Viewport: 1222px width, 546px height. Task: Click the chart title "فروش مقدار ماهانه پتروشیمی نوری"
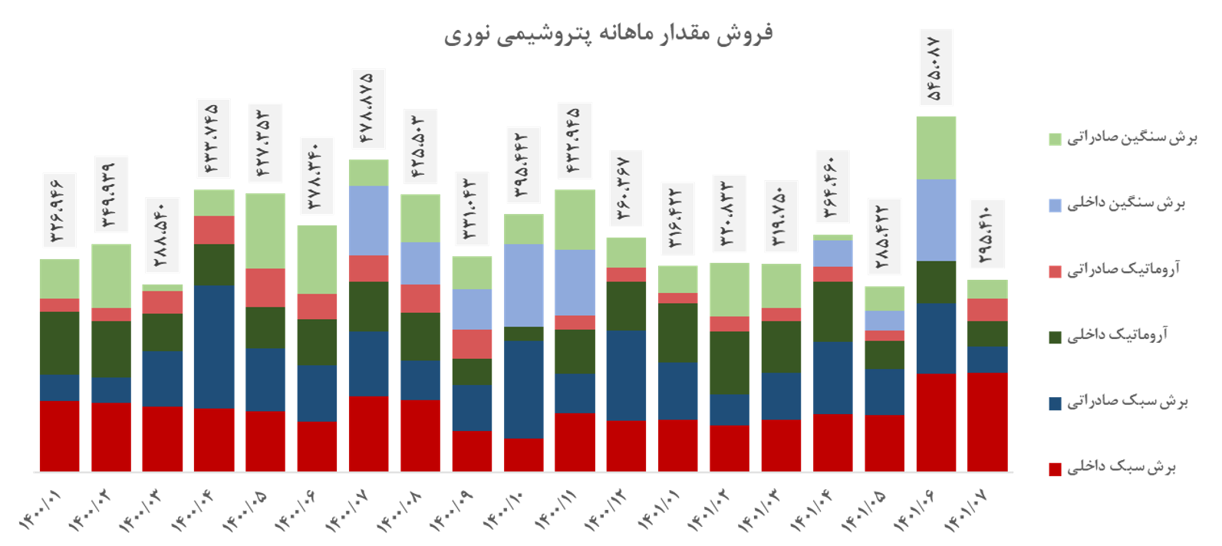coord(608,35)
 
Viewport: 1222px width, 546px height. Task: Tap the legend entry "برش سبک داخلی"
coord(1121,467)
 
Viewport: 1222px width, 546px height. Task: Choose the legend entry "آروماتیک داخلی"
coord(1117,335)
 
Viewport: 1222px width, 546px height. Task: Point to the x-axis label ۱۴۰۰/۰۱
coord(40,511)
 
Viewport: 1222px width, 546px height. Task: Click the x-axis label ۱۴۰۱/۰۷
coord(967,511)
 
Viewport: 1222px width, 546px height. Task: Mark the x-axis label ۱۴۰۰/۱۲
coord(606,511)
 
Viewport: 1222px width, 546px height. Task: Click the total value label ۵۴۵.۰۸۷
coord(935,67)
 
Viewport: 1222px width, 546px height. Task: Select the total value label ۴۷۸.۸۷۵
coord(367,108)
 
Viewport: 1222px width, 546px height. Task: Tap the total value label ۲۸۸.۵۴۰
coord(162,235)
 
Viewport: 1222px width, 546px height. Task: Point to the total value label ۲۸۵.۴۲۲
coord(884,236)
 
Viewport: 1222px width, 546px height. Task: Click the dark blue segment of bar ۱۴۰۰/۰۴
coord(214,347)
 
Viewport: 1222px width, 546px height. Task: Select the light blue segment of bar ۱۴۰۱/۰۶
coord(936,220)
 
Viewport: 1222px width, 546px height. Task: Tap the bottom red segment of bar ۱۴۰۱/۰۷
coord(987,422)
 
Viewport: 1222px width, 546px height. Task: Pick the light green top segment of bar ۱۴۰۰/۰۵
coord(265,231)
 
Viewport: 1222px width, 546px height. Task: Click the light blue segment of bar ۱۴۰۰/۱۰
coord(524,285)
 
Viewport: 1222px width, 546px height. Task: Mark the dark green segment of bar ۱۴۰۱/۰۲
coord(730,363)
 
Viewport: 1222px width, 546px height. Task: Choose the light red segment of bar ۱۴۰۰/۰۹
coord(472,344)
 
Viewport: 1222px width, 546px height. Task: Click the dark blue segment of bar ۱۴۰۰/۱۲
coord(627,376)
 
